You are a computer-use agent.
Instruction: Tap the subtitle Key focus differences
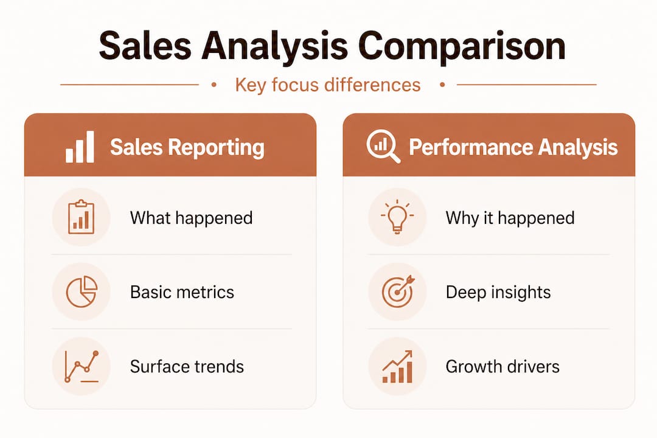coord(327,85)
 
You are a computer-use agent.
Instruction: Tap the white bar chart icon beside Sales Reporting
coord(80,147)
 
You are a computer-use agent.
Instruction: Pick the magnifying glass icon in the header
coord(383,147)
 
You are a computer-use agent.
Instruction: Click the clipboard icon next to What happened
coord(81,217)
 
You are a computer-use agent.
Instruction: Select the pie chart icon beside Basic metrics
coord(81,291)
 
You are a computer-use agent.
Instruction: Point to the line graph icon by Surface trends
coord(81,366)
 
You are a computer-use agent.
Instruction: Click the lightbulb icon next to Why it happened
coord(397,217)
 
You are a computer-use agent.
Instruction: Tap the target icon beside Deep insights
coord(397,291)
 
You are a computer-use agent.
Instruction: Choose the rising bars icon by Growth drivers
coord(397,366)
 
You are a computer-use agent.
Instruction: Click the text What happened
coord(191,218)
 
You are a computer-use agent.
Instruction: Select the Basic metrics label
coord(182,292)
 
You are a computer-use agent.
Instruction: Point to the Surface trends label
coord(187,367)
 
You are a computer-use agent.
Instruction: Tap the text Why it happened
coord(510,218)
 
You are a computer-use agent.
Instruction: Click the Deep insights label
coord(498,292)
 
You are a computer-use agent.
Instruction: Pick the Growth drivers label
coord(502,367)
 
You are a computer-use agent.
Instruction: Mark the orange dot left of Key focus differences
coord(214,85)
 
